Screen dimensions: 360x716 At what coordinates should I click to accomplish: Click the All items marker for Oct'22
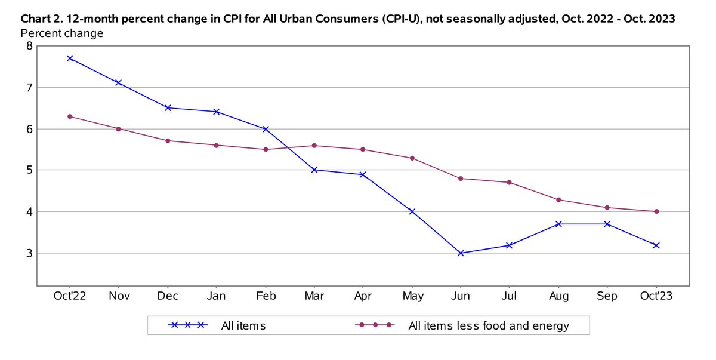click(x=70, y=59)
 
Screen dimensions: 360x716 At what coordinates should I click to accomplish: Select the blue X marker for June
click(x=461, y=253)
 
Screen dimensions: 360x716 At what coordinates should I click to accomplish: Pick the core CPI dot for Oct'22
click(x=70, y=116)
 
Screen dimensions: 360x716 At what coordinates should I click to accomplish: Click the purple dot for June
click(x=461, y=179)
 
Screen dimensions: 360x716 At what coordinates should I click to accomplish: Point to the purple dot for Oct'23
click(x=656, y=211)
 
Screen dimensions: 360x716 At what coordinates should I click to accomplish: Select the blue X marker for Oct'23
click(x=656, y=245)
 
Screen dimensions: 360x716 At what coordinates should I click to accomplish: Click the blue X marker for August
click(x=558, y=224)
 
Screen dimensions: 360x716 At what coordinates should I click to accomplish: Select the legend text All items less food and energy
click(x=488, y=325)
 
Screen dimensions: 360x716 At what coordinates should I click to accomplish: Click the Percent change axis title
click(x=62, y=33)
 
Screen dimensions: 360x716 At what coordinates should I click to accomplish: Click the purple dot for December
click(x=168, y=141)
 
